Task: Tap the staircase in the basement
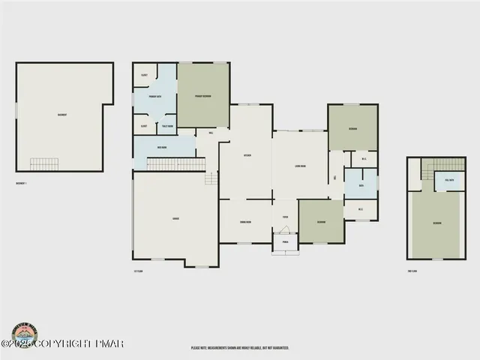44,163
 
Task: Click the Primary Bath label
156,97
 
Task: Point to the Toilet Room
166,126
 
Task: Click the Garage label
175,218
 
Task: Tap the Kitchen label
246,155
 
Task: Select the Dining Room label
244,223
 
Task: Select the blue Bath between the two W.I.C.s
361,184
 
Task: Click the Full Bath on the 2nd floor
450,181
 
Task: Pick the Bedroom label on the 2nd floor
436,223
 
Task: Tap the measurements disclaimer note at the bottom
240,347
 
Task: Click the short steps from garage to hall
211,178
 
